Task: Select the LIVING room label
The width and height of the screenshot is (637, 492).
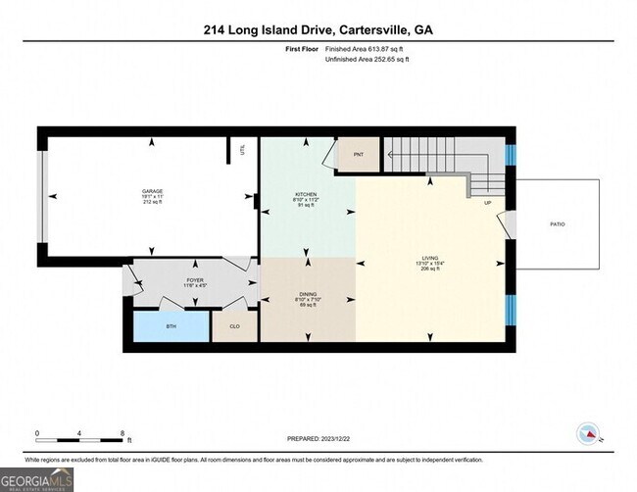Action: tap(430, 258)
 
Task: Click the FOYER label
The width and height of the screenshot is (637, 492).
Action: tap(194, 279)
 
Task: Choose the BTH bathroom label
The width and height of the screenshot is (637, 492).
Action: tap(171, 326)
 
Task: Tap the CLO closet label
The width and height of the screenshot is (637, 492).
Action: tap(234, 326)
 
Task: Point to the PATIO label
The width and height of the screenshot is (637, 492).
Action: tap(557, 224)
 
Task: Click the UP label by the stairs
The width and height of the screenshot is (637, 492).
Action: tap(487, 203)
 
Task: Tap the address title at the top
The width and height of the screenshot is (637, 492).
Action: tap(318, 30)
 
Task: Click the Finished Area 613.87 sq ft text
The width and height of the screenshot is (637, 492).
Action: tap(366, 47)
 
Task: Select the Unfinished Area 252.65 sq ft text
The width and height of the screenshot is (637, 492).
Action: tap(367, 60)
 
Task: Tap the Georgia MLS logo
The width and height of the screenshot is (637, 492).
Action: tap(37, 478)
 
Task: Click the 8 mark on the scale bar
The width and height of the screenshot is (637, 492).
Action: tap(122, 432)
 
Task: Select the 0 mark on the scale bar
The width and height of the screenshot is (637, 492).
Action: tap(37, 432)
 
